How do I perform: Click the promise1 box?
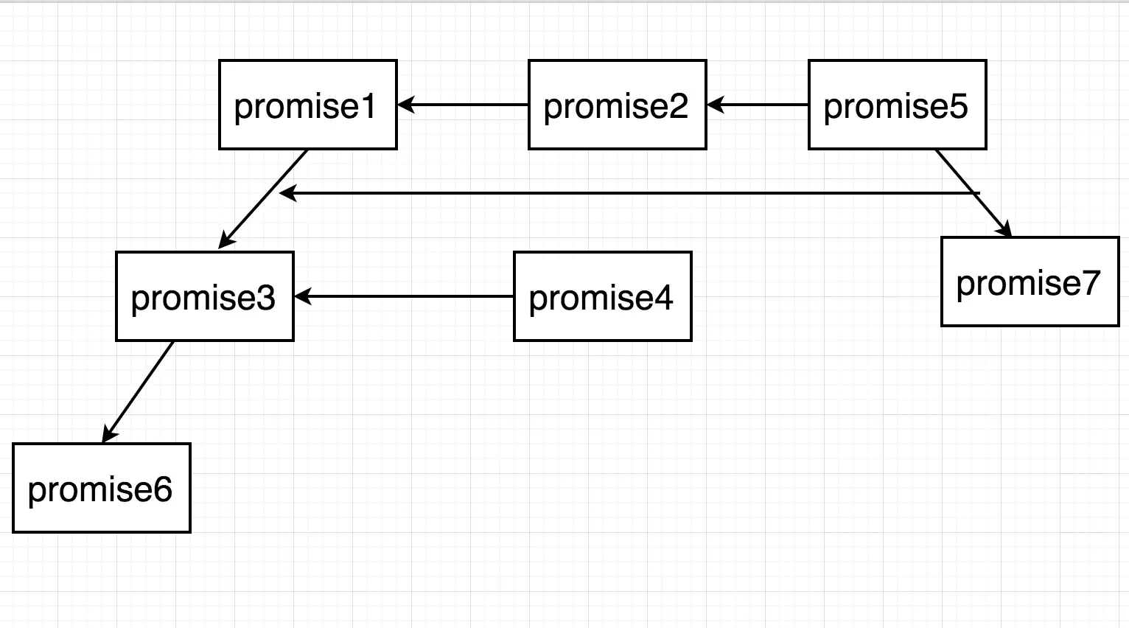(x=308, y=105)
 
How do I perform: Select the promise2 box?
(x=618, y=105)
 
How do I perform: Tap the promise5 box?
(x=897, y=105)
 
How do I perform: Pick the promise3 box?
(x=205, y=296)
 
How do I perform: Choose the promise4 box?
(x=603, y=296)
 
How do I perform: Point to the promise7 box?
(x=1030, y=282)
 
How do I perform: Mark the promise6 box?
(x=101, y=488)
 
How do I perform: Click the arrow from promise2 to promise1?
(x=463, y=105)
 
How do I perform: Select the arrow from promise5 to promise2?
(x=758, y=105)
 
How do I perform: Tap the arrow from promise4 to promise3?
(x=404, y=296)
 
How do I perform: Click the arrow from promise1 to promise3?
(x=262, y=199)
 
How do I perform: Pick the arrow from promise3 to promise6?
(x=138, y=392)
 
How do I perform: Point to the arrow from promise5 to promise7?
(x=974, y=193)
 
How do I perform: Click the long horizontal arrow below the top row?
(x=629, y=193)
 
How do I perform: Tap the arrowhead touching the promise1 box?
(x=406, y=105)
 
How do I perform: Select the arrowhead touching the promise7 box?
(x=1004, y=228)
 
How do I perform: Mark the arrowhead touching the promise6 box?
(x=108, y=433)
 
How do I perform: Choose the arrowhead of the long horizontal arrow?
(x=288, y=193)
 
